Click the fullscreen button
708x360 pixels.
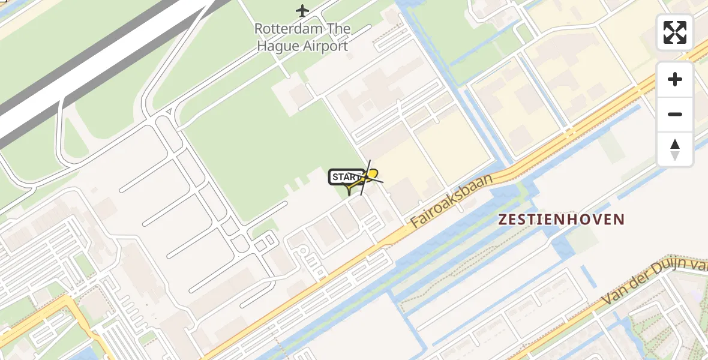point(675,32)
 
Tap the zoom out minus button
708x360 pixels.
point(675,114)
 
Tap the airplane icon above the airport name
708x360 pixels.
point(302,10)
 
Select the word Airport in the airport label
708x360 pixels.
point(327,46)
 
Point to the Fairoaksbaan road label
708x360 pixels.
point(452,202)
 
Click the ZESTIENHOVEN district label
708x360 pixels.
point(562,220)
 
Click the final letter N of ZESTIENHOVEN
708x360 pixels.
point(620,220)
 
